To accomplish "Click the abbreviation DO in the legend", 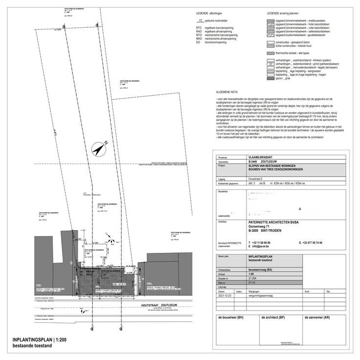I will [x=198, y=42].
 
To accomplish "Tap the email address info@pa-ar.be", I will [x=263, y=247].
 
